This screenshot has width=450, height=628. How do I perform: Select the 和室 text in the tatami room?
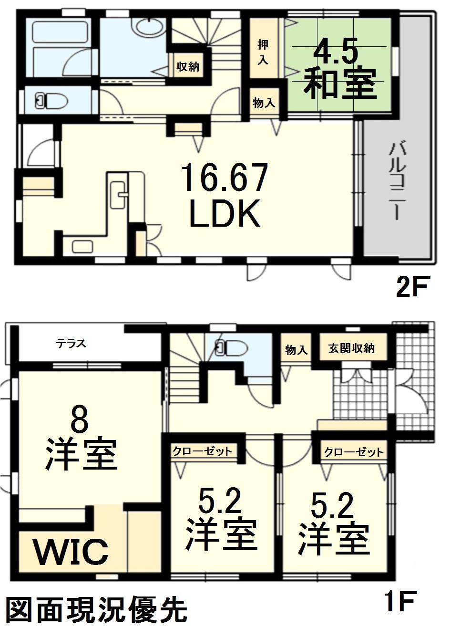(340, 84)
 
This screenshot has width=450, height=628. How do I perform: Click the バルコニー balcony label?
(397, 181)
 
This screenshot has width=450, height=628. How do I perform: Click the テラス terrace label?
(71, 344)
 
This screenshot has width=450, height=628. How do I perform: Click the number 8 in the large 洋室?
(81, 421)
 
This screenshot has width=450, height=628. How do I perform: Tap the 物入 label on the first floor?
(296, 350)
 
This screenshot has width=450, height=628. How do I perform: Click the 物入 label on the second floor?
(264, 103)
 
